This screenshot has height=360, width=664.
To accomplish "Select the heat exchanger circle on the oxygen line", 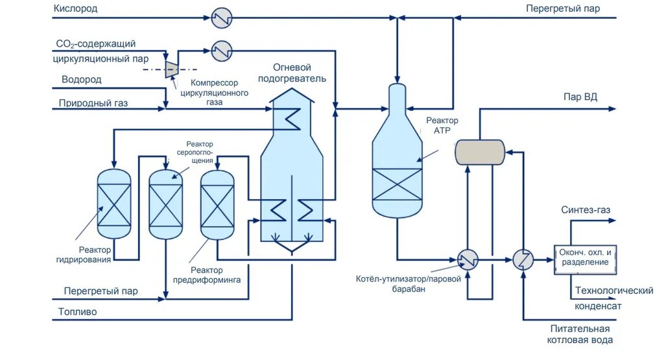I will click(x=222, y=18).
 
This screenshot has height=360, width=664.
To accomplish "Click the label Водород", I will click(x=81, y=80).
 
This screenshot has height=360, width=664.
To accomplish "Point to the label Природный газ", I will click(x=89, y=102).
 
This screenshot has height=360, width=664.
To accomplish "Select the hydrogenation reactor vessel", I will click(x=113, y=203).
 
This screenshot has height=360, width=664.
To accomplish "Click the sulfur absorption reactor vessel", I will click(x=165, y=203).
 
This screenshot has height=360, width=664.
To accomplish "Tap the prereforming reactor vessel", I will click(x=217, y=203).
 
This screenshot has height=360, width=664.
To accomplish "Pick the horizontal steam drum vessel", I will click(x=480, y=152).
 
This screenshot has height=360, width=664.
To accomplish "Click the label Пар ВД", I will click(x=580, y=97).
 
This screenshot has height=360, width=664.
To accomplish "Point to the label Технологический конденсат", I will click(x=613, y=298).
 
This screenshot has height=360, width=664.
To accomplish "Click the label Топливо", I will click(x=77, y=311).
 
